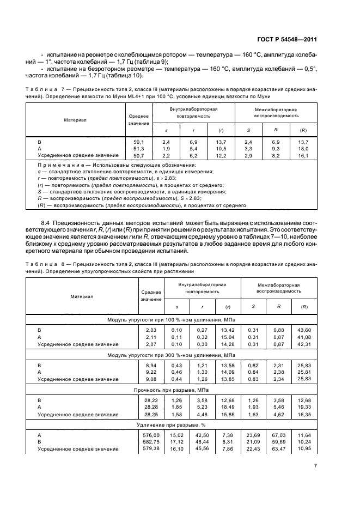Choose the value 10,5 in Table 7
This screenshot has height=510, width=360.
point(221,148)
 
